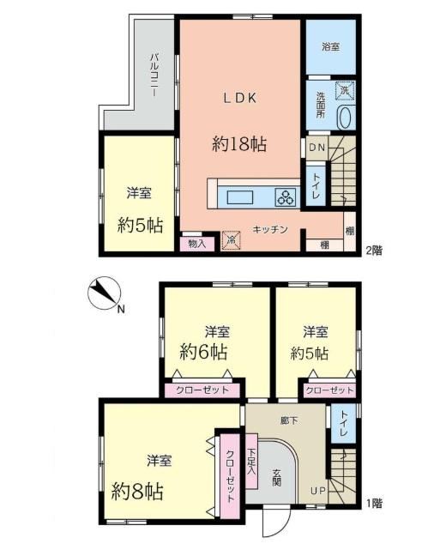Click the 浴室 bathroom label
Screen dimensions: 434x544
pyautogui.click(x=330, y=47)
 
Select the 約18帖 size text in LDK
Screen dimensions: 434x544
pyautogui.click(x=239, y=143)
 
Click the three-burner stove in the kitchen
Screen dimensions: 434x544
pyautogui.click(x=286, y=197)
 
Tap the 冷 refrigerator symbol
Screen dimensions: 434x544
pyautogui.click(x=231, y=240)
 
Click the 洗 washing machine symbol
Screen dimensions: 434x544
pyautogui.click(x=345, y=91)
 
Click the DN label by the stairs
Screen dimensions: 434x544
pyautogui.click(x=316, y=148)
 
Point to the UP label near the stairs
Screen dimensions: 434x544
pyautogui.click(x=318, y=492)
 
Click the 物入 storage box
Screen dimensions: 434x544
pyautogui.click(x=197, y=244)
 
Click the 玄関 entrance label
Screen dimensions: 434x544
pyautogui.click(x=276, y=478)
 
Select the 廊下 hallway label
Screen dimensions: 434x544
pyautogui.click(x=289, y=420)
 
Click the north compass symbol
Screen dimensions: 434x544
pyautogui.click(x=104, y=293)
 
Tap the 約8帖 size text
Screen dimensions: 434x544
pyautogui.click(x=137, y=491)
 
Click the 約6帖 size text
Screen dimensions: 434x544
pyautogui.click(x=203, y=352)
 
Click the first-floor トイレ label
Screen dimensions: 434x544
pyautogui.click(x=344, y=423)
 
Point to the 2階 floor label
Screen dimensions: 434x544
pyautogui.click(x=374, y=251)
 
